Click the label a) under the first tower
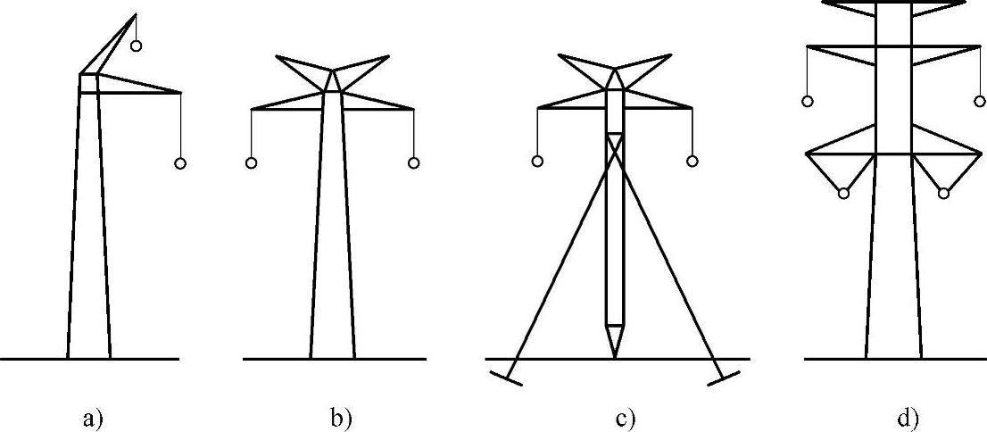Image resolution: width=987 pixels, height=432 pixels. click(x=93, y=417)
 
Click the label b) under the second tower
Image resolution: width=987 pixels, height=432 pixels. click(x=342, y=417)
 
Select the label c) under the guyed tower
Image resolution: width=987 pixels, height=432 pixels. click(x=626, y=417)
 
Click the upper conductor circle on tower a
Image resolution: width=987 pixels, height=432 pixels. click(x=136, y=46)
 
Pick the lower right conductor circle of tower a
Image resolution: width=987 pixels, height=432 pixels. click(x=180, y=164)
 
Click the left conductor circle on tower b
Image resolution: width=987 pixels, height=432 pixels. click(x=252, y=163)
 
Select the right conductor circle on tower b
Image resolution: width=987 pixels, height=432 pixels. click(x=413, y=163)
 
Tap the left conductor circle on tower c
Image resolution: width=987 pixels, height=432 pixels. click(x=537, y=162)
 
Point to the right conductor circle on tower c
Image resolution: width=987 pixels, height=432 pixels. click(x=692, y=162)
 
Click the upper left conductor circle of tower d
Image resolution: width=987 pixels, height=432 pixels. click(x=808, y=102)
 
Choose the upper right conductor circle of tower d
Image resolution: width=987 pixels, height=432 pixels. click(x=981, y=102)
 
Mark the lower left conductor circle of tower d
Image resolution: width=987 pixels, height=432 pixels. click(x=843, y=194)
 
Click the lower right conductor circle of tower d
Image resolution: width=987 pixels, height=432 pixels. click(x=943, y=194)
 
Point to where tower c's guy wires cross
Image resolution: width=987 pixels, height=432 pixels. click(x=615, y=148)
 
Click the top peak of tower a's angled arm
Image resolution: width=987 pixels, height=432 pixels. click(x=136, y=14)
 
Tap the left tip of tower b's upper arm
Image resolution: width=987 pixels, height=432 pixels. click(x=278, y=57)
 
